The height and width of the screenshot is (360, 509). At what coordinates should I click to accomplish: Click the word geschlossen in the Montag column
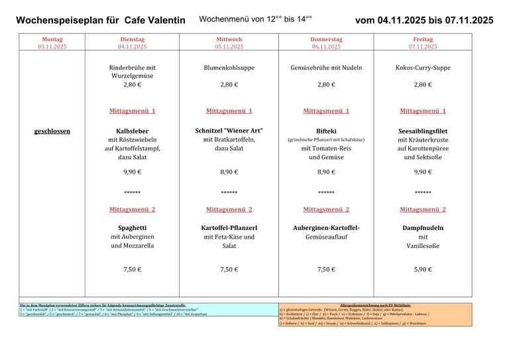52,131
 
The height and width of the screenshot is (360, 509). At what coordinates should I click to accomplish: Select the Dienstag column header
132,39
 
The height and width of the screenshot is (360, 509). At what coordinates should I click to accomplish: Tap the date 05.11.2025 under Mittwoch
229,47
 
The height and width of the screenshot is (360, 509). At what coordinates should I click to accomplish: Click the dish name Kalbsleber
132,131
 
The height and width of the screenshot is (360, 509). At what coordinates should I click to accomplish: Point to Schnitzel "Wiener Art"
229,131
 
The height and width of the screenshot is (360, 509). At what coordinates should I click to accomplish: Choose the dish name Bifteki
326,131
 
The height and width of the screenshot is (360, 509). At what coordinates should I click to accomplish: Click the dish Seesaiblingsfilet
423,131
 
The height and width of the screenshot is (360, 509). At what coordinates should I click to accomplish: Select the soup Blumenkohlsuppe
229,68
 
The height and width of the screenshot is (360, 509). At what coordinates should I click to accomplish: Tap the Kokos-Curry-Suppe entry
423,68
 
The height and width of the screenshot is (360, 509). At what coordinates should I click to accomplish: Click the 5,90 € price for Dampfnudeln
423,269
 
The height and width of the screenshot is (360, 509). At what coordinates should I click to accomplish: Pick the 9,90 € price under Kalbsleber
132,172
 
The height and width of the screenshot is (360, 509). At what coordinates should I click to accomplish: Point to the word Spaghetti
132,227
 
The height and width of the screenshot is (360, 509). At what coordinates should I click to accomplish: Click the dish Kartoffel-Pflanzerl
229,227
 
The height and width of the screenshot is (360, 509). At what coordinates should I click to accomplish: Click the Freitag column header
423,39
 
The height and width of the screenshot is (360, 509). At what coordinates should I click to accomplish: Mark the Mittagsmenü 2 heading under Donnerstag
326,210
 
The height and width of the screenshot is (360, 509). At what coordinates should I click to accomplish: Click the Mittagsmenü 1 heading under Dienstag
132,111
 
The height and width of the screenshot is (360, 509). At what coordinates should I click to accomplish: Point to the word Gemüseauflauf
326,237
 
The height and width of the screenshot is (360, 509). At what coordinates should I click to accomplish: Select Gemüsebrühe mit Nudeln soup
326,68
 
